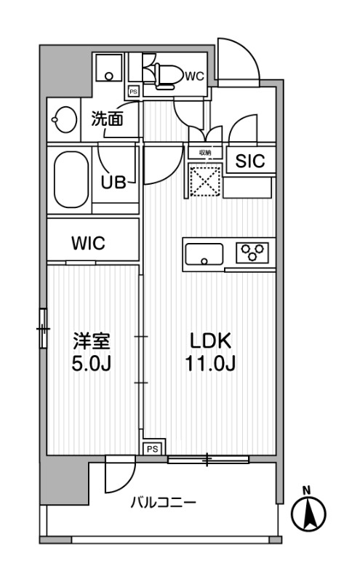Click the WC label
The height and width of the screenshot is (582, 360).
point(194,75)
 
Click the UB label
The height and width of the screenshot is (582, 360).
point(113,182)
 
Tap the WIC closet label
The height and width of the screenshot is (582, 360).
point(88,244)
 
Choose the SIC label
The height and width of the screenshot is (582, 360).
point(250,162)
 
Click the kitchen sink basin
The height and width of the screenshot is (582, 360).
point(204,255)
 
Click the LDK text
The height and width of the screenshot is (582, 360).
point(210,341)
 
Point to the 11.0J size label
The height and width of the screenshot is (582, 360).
point(210,364)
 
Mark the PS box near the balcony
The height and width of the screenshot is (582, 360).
point(152,449)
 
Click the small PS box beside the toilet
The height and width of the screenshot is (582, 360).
point(133,92)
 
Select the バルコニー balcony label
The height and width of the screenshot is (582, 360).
point(163,503)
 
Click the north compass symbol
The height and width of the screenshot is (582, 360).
point(308,512)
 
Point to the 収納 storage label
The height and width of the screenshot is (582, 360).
point(204,153)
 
